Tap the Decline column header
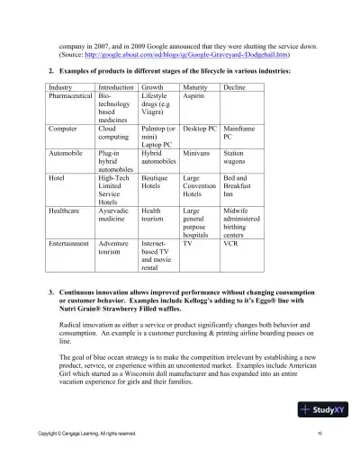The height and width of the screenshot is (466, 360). coord(234,86)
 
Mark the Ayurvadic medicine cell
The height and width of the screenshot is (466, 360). coord(113,214)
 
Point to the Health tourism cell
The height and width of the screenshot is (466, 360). coord(152,214)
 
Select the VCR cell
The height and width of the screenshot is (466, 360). coord(229,243)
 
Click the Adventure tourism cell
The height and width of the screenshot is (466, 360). coord(113,247)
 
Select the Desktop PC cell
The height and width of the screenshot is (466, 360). coord(199,128)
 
